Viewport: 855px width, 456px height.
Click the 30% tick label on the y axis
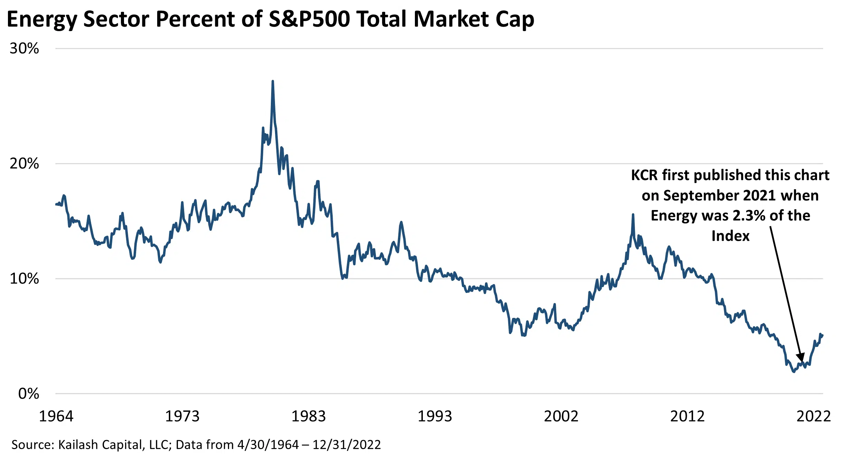(24, 49)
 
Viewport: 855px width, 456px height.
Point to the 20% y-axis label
(24, 164)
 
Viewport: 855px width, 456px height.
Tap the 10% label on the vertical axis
(24, 279)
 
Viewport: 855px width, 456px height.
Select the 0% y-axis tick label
(29, 394)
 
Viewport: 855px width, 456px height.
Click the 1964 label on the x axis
(56, 417)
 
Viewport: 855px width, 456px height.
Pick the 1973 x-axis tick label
(182, 417)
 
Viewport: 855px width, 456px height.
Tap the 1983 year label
(308, 417)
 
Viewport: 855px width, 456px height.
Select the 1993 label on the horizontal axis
(435, 417)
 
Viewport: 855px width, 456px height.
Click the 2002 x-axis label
(561, 417)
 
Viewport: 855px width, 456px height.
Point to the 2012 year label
(687, 417)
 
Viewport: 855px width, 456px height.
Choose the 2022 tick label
(814, 417)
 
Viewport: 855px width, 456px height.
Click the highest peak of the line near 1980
(273, 82)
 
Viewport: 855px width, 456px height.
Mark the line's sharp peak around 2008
(633, 215)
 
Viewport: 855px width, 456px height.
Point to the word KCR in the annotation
(645, 175)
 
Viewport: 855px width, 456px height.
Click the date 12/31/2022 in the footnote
(346, 445)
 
